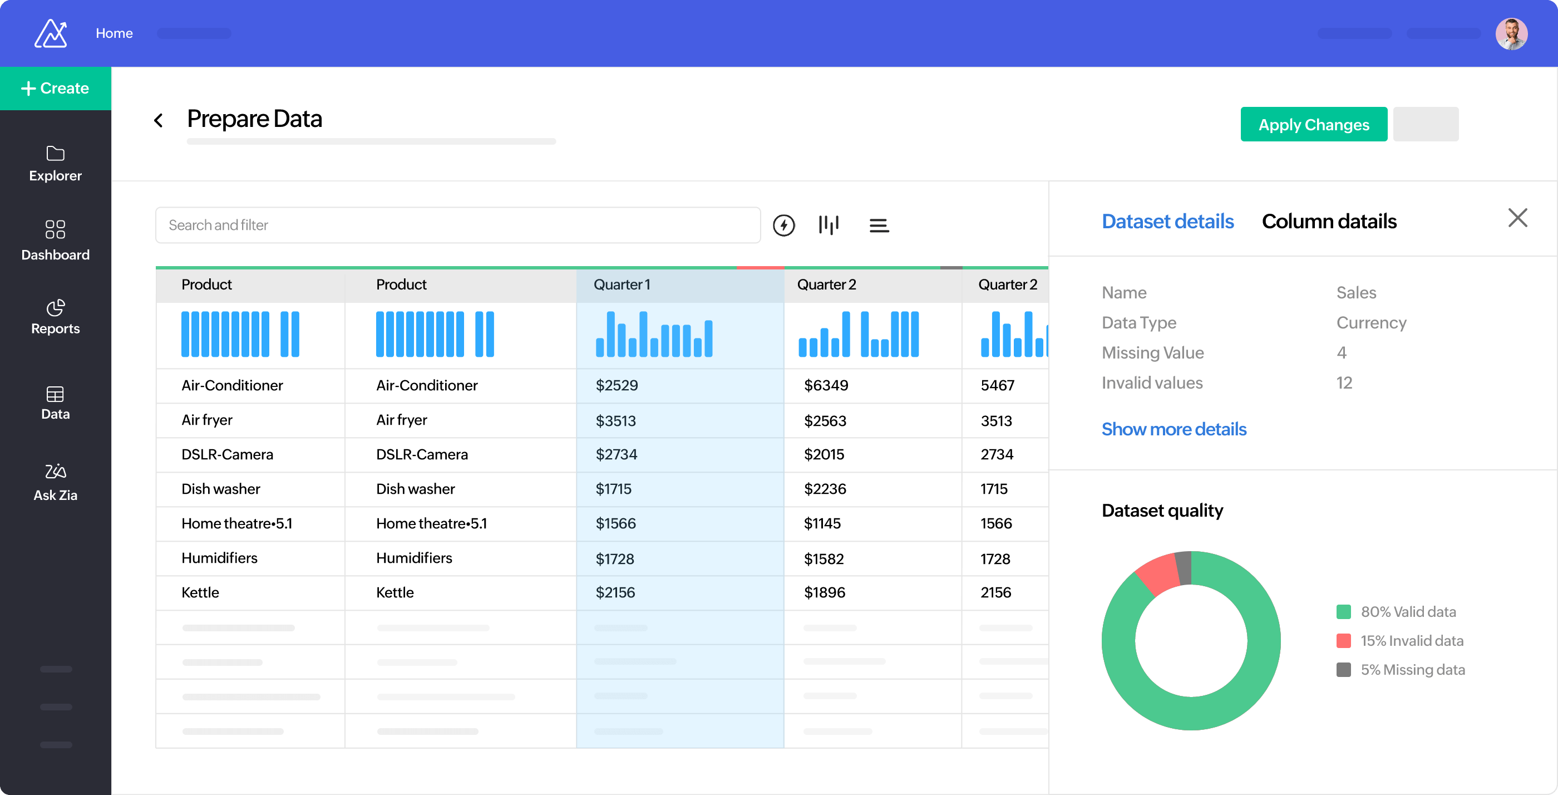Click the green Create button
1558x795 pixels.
(x=55, y=89)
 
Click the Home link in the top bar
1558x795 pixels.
(x=114, y=33)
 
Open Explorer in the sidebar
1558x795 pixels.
(x=55, y=163)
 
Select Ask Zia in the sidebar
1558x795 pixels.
(x=55, y=482)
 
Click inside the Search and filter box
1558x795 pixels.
(x=457, y=225)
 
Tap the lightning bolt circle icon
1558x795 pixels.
(x=783, y=225)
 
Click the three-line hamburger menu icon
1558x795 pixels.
(x=878, y=225)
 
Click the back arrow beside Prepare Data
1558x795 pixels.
(x=159, y=120)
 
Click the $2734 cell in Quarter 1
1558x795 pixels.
(x=617, y=454)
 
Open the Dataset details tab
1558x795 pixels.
(x=1167, y=222)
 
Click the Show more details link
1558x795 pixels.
(x=1174, y=429)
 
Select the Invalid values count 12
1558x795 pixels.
(x=1343, y=382)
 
